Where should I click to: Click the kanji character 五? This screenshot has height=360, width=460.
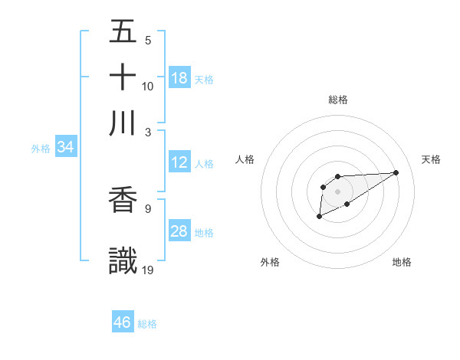pyautogui.click(x=123, y=32)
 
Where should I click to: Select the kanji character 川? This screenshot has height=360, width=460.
pyautogui.click(x=123, y=123)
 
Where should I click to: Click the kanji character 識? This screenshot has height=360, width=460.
pyautogui.click(x=123, y=260)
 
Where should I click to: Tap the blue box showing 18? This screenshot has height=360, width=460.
pyautogui.click(x=179, y=78)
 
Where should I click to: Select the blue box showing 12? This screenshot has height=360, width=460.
pyautogui.click(x=179, y=162)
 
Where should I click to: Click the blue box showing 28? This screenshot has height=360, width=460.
pyautogui.click(x=179, y=232)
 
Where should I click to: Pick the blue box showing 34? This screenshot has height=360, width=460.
pyautogui.click(x=66, y=147)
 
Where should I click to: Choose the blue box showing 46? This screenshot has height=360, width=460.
pyautogui.click(x=123, y=322)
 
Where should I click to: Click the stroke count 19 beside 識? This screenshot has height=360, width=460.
pyautogui.click(x=148, y=270)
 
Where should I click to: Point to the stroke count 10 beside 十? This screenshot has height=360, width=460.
pyautogui.click(x=148, y=86)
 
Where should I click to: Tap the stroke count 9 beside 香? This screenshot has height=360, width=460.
pyautogui.click(x=147, y=208)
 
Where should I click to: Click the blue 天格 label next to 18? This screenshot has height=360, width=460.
pyautogui.click(x=204, y=79)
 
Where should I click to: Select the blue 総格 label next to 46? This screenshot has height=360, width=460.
pyautogui.click(x=147, y=323)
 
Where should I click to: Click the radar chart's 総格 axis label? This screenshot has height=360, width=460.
pyautogui.click(x=338, y=100)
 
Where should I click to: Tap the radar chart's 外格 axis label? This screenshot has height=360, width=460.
pyautogui.click(x=270, y=262)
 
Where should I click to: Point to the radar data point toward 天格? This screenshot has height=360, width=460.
pyautogui.click(x=396, y=172)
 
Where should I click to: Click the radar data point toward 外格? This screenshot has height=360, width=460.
pyautogui.click(x=319, y=218)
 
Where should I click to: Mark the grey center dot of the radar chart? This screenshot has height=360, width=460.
pyautogui.click(x=337, y=191)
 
